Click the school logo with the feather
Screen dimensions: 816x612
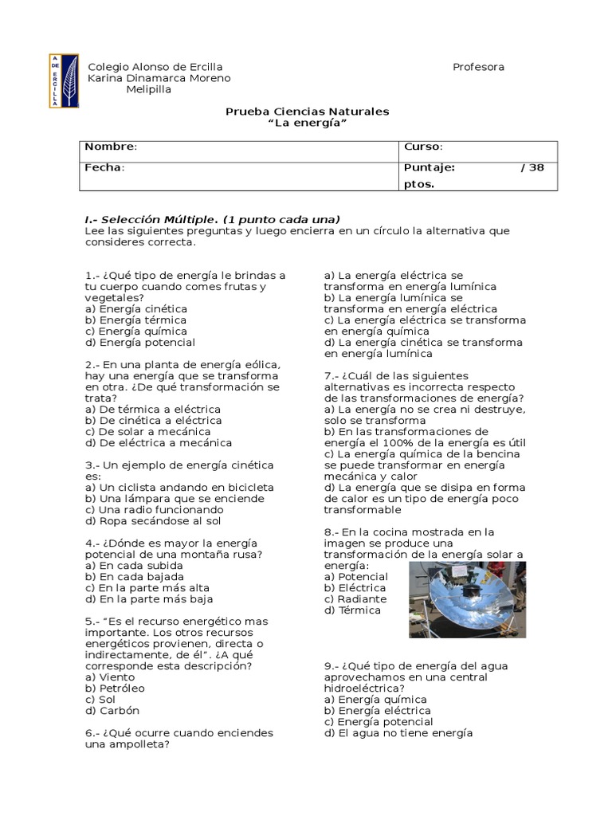(64, 80)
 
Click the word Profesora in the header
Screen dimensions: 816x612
(478, 67)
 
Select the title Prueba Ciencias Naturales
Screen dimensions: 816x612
(307, 112)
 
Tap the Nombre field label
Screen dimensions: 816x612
(111, 147)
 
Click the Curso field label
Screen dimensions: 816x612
(423, 147)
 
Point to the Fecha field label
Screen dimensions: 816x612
(104, 167)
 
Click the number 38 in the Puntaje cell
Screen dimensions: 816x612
(537, 167)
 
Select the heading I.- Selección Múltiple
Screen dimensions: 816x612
(151, 219)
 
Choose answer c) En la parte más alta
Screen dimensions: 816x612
(149, 587)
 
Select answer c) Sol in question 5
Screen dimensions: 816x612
(100, 699)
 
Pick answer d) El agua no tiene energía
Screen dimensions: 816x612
(398, 732)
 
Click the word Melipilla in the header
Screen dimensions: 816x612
(149, 89)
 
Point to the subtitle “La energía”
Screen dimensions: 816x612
(307, 123)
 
